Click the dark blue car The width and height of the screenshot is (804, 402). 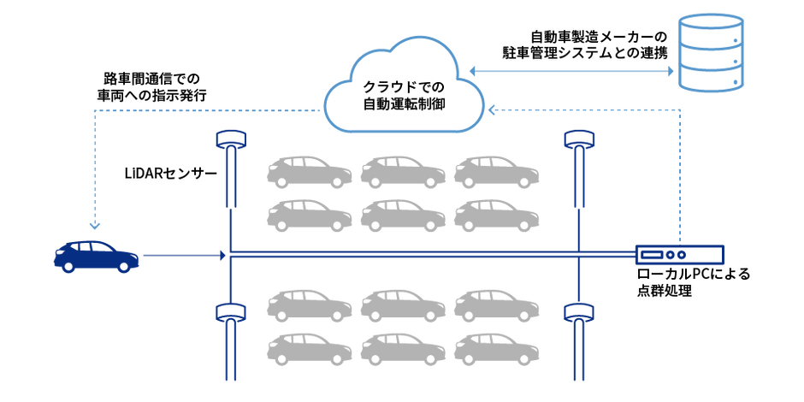click(97, 256)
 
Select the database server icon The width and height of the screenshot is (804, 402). click(710, 52)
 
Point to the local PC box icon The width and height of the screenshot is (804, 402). click(679, 254)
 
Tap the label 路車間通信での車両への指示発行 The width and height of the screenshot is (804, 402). click(151, 86)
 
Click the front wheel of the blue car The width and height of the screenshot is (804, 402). click(123, 266)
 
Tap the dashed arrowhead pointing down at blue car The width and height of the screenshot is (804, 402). click(95, 225)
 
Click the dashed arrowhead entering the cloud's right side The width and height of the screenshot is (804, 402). click(493, 109)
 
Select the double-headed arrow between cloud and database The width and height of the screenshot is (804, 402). click(571, 72)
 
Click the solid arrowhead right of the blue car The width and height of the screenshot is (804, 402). click(222, 255)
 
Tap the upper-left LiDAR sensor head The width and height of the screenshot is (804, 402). click(232, 139)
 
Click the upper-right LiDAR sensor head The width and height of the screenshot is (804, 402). click(579, 139)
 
